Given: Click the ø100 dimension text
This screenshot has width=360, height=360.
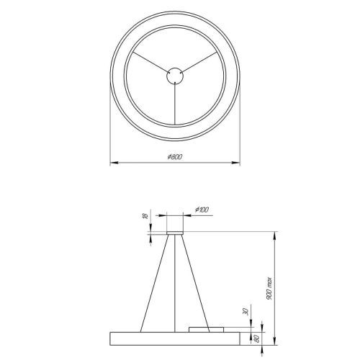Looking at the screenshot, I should pos(201,209).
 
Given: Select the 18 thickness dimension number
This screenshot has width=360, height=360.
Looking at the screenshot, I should pos(145,217).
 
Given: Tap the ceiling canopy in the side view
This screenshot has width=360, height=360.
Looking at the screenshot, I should pos(175,232).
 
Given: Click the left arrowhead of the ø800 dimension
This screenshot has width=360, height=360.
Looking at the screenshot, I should pos(112,163).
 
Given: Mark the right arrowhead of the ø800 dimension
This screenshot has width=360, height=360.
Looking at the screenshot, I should pos(238,163).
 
